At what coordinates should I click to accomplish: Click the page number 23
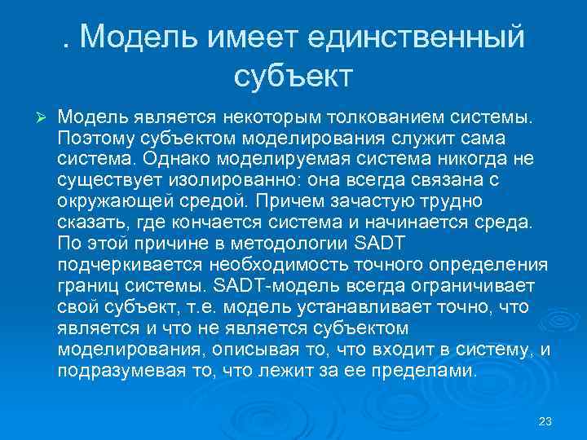pos(545,420)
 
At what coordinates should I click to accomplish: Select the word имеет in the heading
pos(246,37)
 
